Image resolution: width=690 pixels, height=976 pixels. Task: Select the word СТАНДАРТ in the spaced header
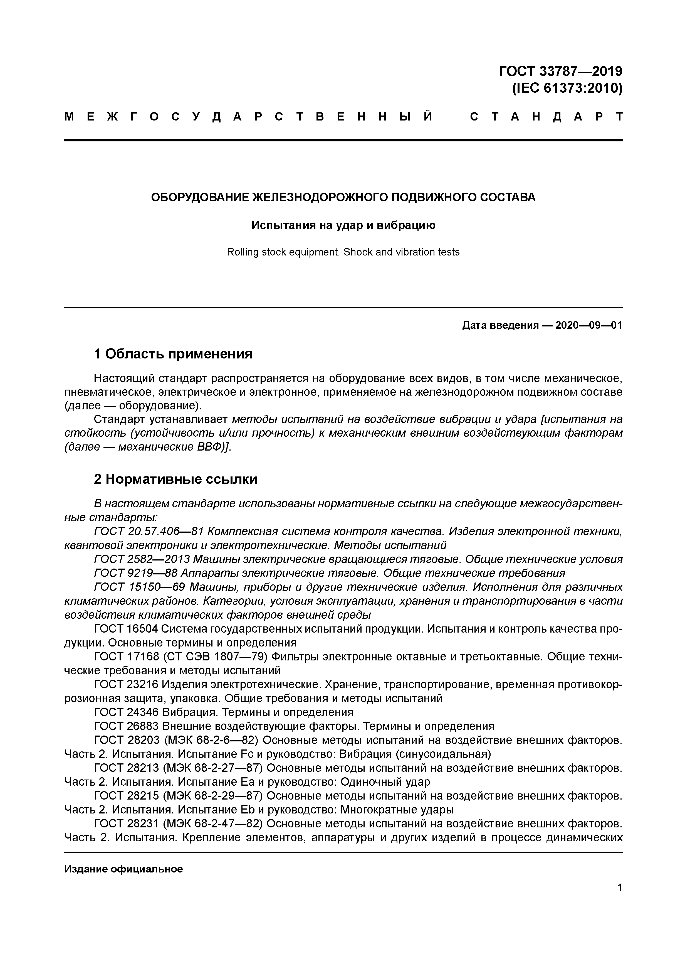pos(546,117)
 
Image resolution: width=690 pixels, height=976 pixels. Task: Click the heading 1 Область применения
pos(173,354)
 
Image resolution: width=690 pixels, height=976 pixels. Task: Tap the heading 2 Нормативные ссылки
pos(175,479)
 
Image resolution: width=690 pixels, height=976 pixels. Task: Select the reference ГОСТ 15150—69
pos(139,587)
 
